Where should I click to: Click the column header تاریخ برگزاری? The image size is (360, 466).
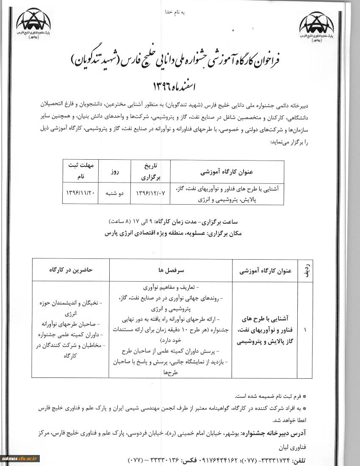pyautogui.click(x=146, y=169)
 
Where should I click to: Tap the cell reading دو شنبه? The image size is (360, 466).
pyautogui.click(x=114, y=192)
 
